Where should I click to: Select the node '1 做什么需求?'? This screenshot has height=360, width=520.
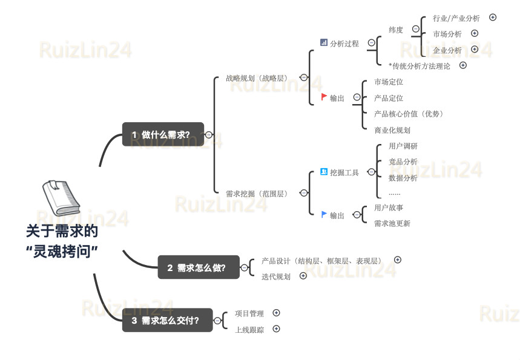(x=163, y=134)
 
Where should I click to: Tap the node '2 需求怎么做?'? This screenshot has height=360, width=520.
(x=198, y=267)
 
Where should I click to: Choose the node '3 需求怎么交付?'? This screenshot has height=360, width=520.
(x=173, y=321)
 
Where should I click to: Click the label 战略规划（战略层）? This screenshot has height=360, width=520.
(x=257, y=78)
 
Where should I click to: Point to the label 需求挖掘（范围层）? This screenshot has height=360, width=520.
(x=257, y=194)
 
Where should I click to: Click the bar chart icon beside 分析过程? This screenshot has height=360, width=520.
(x=324, y=42)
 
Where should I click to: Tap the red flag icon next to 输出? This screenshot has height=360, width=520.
(x=324, y=97)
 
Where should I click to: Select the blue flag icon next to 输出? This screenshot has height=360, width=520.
(x=324, y=214)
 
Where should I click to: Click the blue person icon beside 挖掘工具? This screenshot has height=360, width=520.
(x=324, y=172)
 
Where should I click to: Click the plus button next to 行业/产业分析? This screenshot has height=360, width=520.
(x=493, y=18)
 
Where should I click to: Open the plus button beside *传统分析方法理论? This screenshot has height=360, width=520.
(x=463, y=65)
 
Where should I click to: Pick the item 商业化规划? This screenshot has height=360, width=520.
(x=392, y=130)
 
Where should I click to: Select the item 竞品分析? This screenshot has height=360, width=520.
(x=403, y=162)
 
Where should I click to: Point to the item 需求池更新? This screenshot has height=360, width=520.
(x=392, y=223)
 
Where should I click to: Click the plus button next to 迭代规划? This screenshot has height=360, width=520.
(x=303, y=276)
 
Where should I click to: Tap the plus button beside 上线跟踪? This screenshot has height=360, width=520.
(x=276, y=329)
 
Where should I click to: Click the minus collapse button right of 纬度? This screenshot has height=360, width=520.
(x=415, y=29)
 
